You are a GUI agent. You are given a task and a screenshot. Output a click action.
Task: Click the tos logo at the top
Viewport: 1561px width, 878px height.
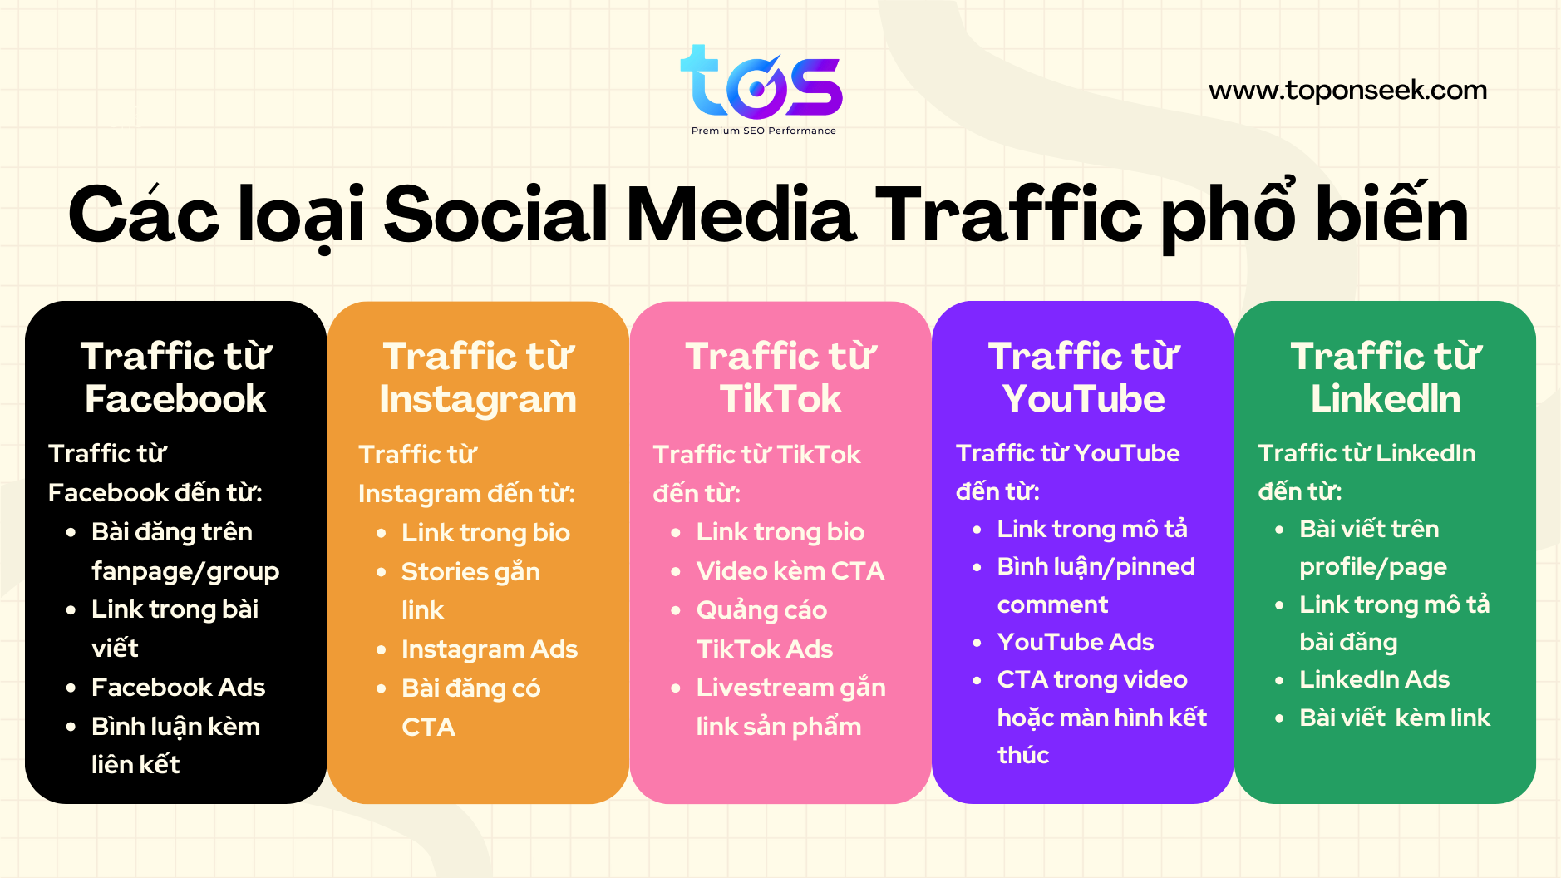point(761,82)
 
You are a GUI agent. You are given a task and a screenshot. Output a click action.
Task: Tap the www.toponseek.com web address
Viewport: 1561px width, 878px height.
point(1347,90)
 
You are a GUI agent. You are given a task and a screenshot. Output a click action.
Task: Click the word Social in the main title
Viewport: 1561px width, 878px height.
point(495,215)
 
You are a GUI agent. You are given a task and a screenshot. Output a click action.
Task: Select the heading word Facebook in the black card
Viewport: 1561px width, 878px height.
point(175,399)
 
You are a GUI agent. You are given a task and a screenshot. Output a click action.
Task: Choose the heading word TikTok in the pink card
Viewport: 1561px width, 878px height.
point(780,399)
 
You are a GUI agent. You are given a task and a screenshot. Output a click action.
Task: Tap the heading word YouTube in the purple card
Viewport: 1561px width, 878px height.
point(1083,399)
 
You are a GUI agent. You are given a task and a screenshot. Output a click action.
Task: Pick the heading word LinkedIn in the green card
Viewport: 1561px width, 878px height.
point(1386,399)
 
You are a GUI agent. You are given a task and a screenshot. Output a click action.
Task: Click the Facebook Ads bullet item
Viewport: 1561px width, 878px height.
point(178,688)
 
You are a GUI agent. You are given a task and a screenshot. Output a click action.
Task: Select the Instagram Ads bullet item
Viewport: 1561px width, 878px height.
point(490,649)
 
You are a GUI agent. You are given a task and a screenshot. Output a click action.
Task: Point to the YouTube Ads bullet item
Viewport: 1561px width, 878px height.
point(1076,642)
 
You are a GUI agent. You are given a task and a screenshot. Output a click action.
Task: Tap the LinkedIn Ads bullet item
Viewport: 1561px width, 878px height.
point(1375,679)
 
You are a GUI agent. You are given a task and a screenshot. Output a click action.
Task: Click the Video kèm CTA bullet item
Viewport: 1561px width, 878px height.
point(790,571)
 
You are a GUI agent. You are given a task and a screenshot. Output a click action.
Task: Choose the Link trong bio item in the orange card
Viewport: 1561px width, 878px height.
point(485,533)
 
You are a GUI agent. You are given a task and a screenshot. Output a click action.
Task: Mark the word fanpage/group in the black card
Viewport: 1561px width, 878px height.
point(185,572)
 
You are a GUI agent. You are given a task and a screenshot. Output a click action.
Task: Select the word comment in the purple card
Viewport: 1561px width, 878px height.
point(1052,605)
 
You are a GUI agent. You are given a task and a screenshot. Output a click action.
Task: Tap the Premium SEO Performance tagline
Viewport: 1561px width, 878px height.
point(764,131)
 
